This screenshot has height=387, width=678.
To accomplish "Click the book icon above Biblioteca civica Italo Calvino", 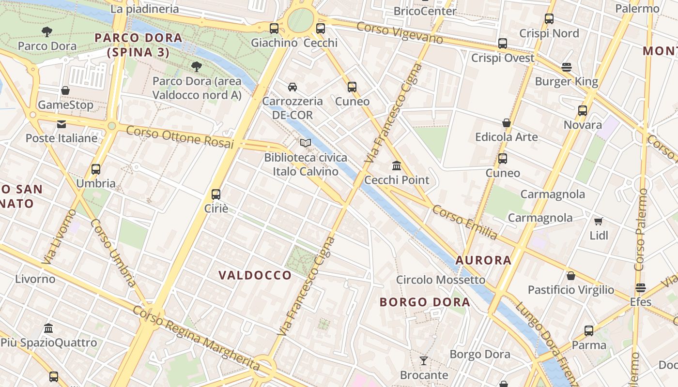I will pos(305,143).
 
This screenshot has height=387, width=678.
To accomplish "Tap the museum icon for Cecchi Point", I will pos(397,166).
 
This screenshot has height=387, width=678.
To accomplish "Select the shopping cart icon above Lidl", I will pos(599,222).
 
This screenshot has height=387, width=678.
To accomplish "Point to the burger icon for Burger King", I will pos(567,67).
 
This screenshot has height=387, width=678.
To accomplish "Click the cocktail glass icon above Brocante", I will pos(424,360).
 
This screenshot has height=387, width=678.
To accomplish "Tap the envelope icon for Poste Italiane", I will pos(62,124).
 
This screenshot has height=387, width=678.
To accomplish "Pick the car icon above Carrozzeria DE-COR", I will pos(292,87).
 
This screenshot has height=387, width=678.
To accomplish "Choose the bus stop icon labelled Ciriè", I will pos(216,194).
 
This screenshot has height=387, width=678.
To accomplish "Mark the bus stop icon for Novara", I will pos(583,111).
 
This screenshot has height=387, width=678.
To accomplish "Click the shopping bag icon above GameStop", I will pos(65,90).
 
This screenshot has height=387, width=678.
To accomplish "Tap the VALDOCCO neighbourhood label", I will pos(255,275).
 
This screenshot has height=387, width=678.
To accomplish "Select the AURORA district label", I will pos(483,260).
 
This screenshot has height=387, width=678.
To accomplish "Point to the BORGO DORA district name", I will pos(425,302).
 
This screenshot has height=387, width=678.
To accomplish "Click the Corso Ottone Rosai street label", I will pos(180,137).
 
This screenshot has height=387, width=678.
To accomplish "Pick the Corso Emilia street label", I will pos(464,222).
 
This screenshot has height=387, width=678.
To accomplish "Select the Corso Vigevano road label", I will pos(400,32).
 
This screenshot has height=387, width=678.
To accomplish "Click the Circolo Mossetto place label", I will pos(440,280).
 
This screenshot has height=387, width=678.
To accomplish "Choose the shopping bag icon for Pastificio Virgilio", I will pos(571,276).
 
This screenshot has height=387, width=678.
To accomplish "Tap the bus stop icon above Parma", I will pos(589,331).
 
